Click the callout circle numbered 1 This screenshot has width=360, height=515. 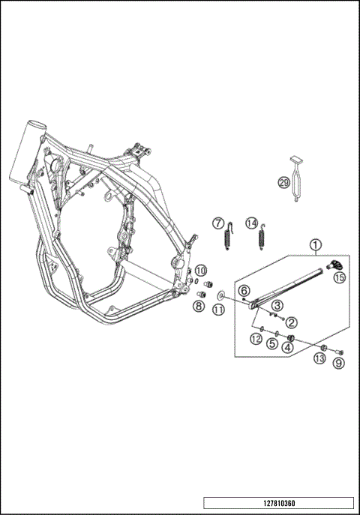[x=316, y=244]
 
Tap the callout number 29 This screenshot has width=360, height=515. [x=284, y=182]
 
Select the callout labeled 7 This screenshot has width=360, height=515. [x=218, y=223]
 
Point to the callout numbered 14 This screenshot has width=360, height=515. [x=252, y=223]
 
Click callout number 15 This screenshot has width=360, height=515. [x=339, y=277]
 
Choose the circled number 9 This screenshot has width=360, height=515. [x=339, y=364]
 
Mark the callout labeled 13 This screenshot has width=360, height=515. [x=320, y=360]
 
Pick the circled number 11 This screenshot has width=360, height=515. [x=218, y=310]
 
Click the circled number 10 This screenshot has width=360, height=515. [x=201, y=269]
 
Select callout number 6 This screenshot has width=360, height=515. [x=244, y=290]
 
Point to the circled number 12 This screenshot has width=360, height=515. [x=256, y=340]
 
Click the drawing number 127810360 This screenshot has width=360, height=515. [x=277, y=504]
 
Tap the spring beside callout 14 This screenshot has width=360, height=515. [x=262, y=239]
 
